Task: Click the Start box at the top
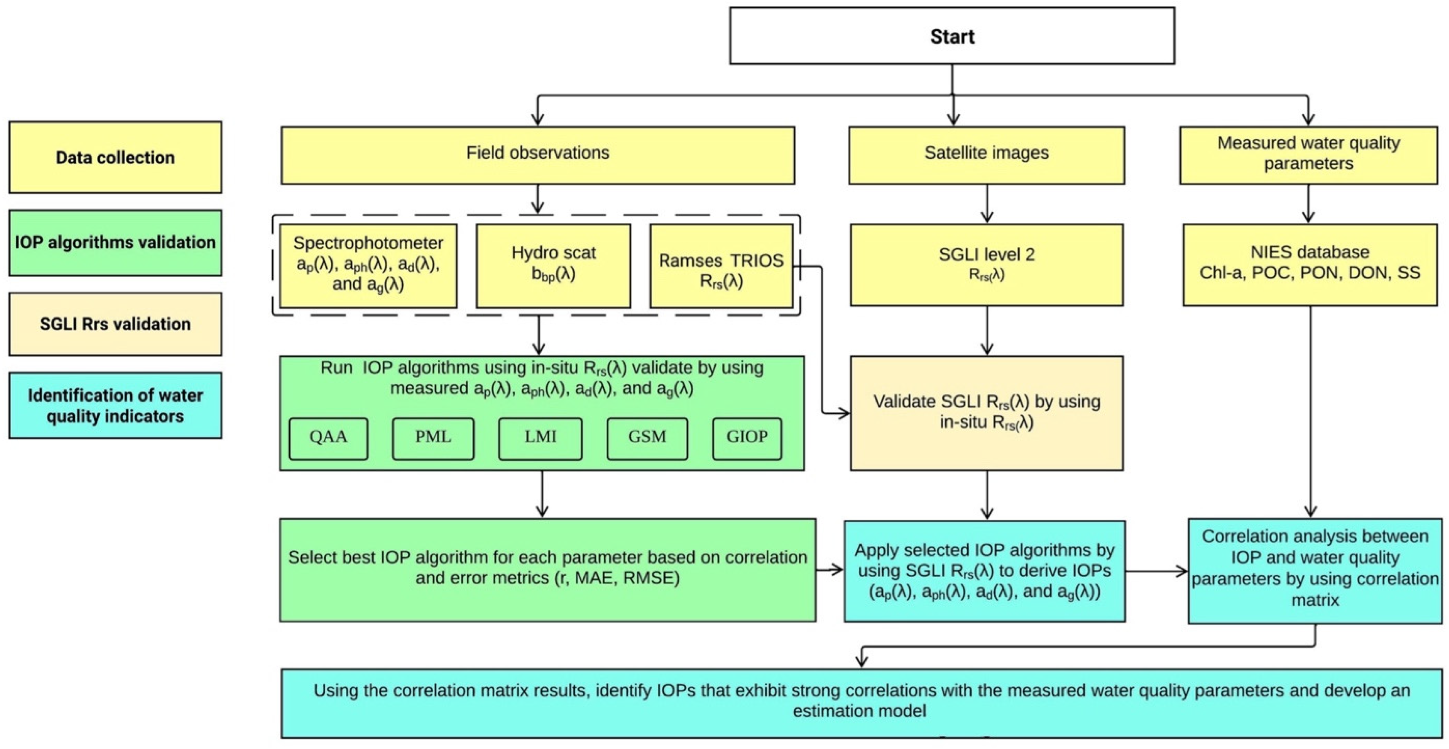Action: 952,36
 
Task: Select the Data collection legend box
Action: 115,157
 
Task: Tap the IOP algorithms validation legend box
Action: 115,243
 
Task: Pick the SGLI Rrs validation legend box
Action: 115,324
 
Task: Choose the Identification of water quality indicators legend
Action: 115,406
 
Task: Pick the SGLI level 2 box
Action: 986,265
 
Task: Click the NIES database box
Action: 1309,265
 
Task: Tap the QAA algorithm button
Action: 329,438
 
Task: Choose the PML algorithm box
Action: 433,438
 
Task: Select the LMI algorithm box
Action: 540,438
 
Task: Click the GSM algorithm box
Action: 647,438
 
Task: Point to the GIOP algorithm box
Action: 746,438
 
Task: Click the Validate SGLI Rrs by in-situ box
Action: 986,413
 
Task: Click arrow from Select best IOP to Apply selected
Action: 830,570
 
